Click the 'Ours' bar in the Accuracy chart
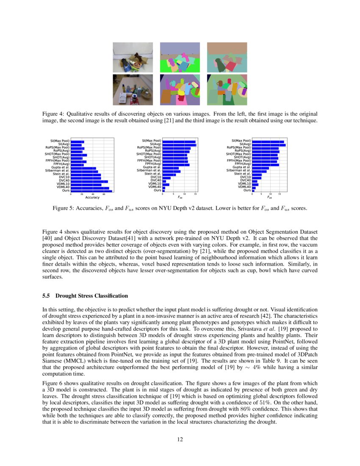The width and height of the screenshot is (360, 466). tap(91, 191)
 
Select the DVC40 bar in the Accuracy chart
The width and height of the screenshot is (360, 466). tap(89, 181)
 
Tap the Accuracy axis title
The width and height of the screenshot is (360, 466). tap(92, 197)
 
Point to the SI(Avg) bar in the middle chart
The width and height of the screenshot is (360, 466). tap(179, 144)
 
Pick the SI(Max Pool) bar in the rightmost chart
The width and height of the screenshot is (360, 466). tap(268, 141)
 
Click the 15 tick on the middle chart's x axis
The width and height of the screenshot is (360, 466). tap(195, 194)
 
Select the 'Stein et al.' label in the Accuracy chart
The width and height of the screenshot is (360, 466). tap(61, 174)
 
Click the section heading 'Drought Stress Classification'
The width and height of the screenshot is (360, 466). tap(91, 295)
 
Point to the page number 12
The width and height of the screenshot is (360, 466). tap(180, 439)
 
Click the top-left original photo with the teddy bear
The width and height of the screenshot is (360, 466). tap(133, 57)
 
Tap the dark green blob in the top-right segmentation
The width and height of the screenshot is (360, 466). tap(220, 64)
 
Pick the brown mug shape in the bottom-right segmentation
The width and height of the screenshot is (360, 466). tap(219, 83)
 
